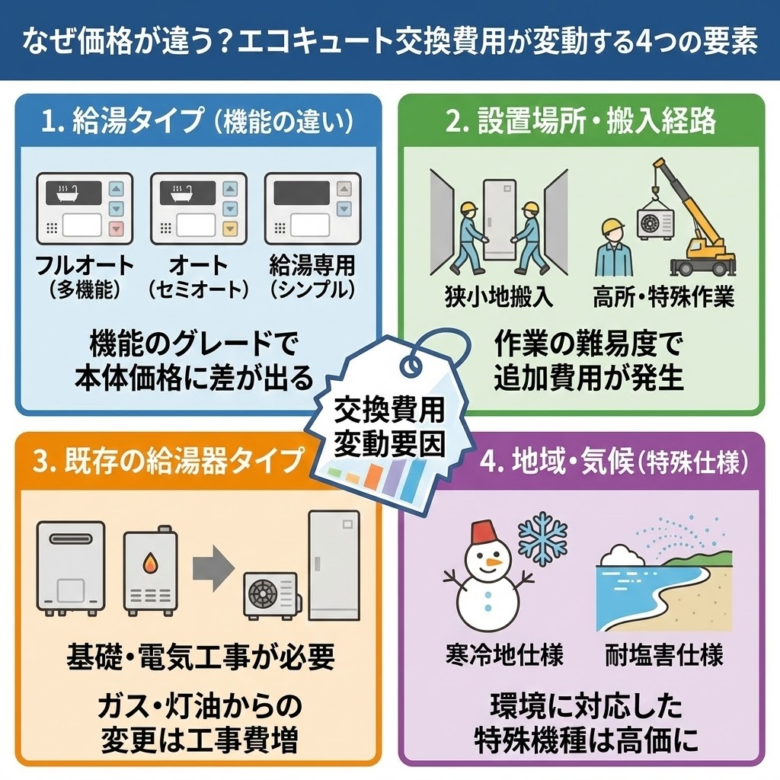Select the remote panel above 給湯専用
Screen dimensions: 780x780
[312, 206]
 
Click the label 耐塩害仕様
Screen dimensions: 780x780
[663, 655]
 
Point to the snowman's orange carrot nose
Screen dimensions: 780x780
[494, 563]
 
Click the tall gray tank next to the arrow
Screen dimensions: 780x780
[333, 567]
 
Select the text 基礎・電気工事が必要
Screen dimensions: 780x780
[200, 654]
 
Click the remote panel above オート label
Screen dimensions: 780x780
[198, 206]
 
